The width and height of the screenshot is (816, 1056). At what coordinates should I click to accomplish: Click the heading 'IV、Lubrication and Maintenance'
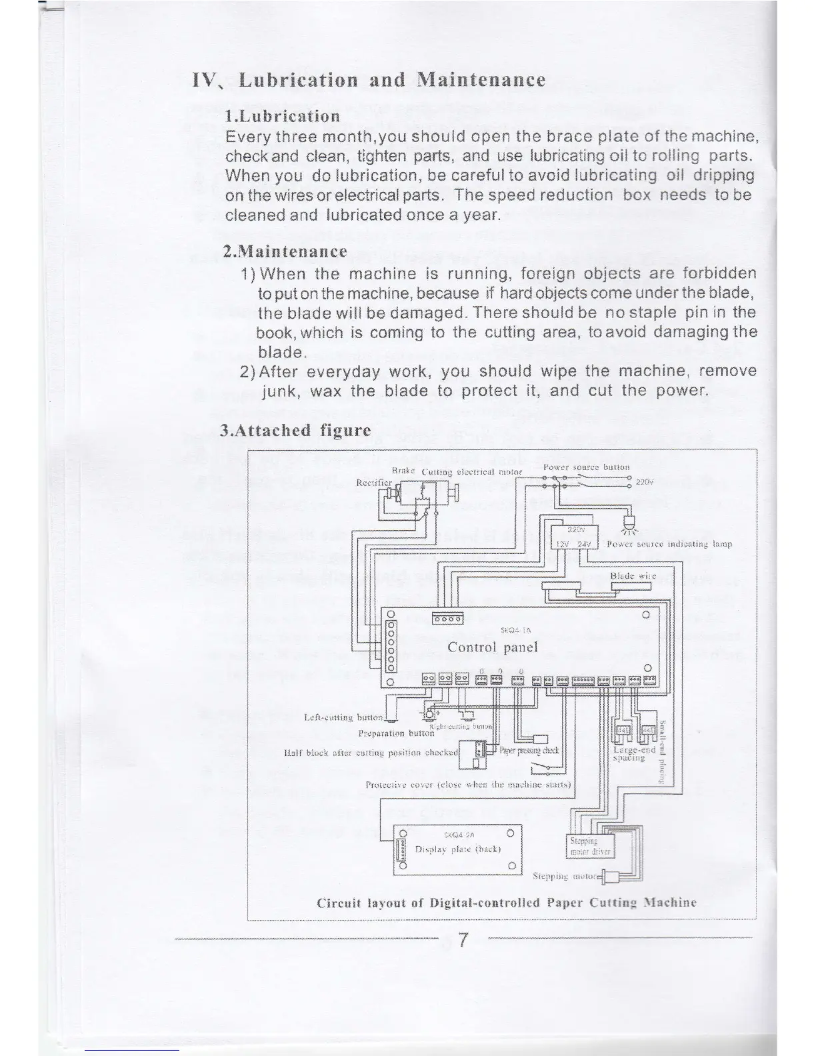(369, 80)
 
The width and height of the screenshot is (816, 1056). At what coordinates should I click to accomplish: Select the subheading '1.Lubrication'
(283, 116)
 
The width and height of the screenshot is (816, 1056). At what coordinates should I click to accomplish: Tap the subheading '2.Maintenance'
(285, 251)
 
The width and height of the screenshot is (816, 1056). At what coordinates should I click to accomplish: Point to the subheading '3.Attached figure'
(295, 430)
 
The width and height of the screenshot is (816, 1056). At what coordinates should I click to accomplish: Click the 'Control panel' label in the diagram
(493, 647)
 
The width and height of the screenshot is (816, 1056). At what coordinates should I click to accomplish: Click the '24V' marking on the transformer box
(585, 544)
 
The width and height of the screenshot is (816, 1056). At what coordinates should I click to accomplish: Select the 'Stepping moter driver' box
(590, 846)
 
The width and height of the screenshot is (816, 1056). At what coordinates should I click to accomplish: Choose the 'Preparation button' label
(396, 733)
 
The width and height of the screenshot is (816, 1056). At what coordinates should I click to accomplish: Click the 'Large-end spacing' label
(629, 754)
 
